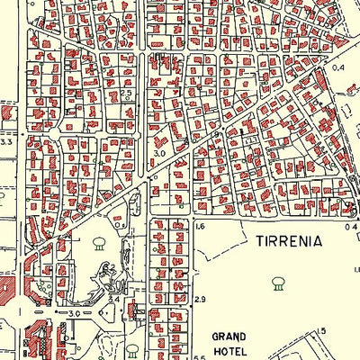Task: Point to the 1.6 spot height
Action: click(200, 228)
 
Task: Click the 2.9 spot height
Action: click(200, 298)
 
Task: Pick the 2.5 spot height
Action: click(127, 94)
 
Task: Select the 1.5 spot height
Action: click(322, 332)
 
